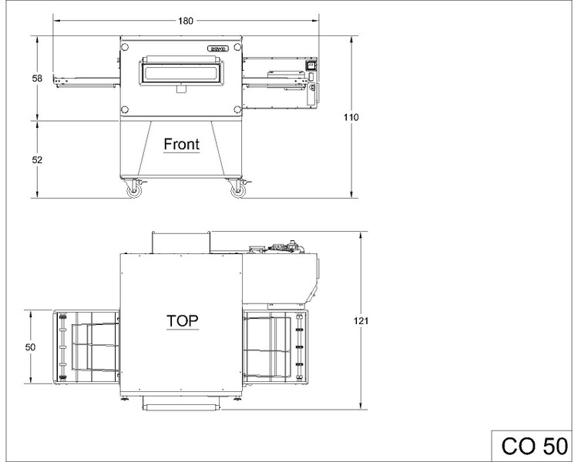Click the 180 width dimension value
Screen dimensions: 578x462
tap(186, 21)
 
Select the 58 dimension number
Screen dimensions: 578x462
tap(37, 79)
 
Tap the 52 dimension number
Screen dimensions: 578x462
tap(37, 160)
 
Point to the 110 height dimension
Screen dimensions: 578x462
tap(351, 118)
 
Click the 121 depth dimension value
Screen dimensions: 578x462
tap(361, 321)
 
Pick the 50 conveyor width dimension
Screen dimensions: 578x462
tap(31, 347)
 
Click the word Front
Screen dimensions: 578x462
tap(181, 144)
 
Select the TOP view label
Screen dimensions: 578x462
tap(183, 321)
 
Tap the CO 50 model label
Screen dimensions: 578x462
tap(535, 446)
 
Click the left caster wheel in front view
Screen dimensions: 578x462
tap(132, 191)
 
